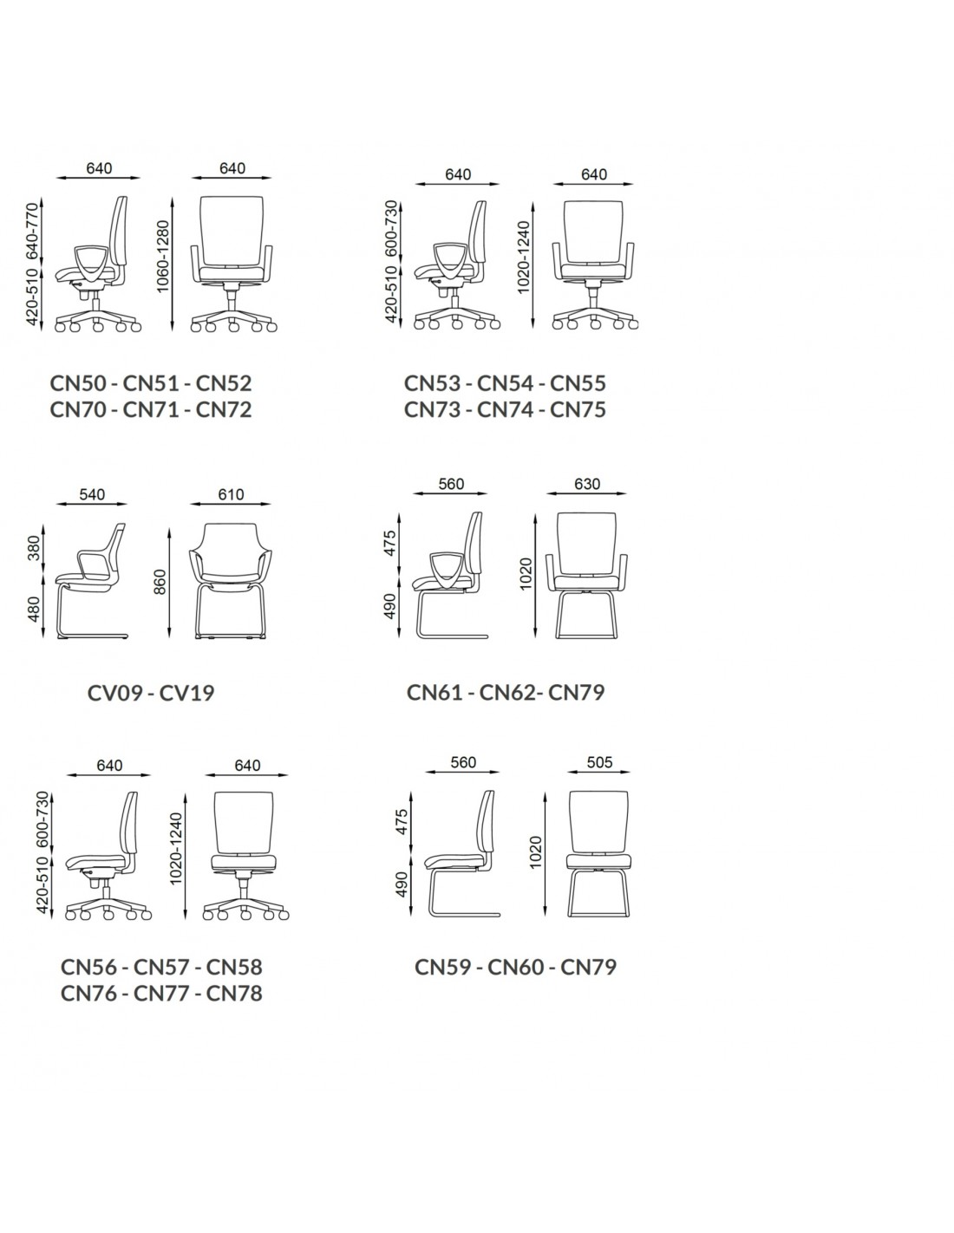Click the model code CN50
pyautogui.click(x=78, y=383)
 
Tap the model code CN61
pyautogui.click(x=435, y=692)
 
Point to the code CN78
pyautogui.click(x=234, y=993)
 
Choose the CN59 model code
pyautogui.click(x=442, y=967)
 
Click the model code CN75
pyautogui.click(x=578, y=409)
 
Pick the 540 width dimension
pyautogui.click(x=92, y=494)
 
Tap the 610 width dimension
pyautogui.click(x=231, y=494)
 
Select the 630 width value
pyautogui.click(x=587, y=484)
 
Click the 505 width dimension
pyautogui.click(x=599, y=762)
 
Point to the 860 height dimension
pyautogui.click(x=160, y=582)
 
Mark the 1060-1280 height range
pyautogui.click(x=163, y=257)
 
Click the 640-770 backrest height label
pyautogui.click(x=34, y=231)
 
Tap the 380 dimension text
pyautogui.click(x=34, y=547)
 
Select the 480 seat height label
pyautogui.click(x=34, y=610)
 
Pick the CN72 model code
pyautogui.click(x=224, y=409)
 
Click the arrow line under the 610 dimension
pyautogui.click(x=231, y=503)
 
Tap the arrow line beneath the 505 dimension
pyautogui.click(x=598, y=772)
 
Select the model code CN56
pyautogui.click(x=88, y=967)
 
